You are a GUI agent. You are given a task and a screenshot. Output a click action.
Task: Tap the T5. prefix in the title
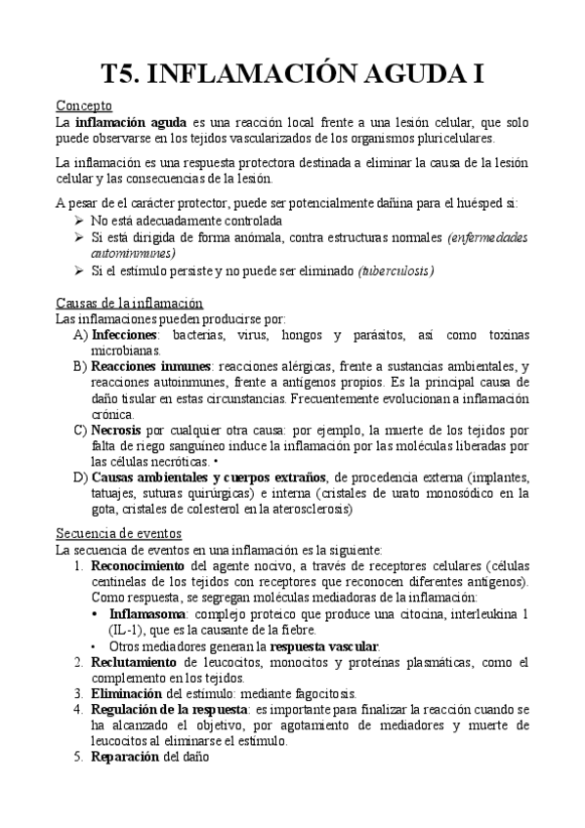point(127,73)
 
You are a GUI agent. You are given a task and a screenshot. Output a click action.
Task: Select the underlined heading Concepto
point(84,105)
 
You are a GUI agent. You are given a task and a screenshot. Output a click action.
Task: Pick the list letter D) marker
point(80,477)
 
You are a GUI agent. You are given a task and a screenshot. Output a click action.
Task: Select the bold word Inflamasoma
point(148,614)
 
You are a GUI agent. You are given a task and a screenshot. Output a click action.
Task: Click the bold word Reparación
point(125,757)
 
